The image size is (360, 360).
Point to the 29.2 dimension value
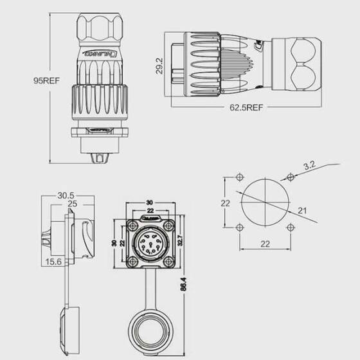(158, 66)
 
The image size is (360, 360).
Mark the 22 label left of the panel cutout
(224, 203)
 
